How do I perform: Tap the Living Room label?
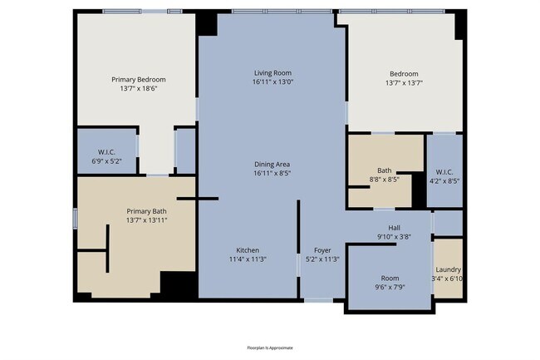click(273, 73)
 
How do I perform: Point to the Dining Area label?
click(273, 165)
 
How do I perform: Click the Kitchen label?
click(248, 250)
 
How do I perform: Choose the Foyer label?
click(322, 250)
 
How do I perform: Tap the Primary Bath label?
click(146, 211)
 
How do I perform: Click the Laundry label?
click(448, 269)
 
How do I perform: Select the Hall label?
click(395, 227)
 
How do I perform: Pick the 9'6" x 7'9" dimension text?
click(390, 288)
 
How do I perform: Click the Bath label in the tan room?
click(385, 170)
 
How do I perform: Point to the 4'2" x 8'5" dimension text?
click(444, 180)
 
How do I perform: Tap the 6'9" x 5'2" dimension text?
click(106, 160)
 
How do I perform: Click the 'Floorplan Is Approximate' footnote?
click(270, 348)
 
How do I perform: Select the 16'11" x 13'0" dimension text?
click(273, 82)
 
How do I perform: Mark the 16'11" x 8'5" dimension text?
click(273, 174)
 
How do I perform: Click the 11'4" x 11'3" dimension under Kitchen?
click(248, 259)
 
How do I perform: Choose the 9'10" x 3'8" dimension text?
click(395, 236)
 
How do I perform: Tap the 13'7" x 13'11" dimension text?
click(146, 220)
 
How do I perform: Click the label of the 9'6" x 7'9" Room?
click(390, 279)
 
